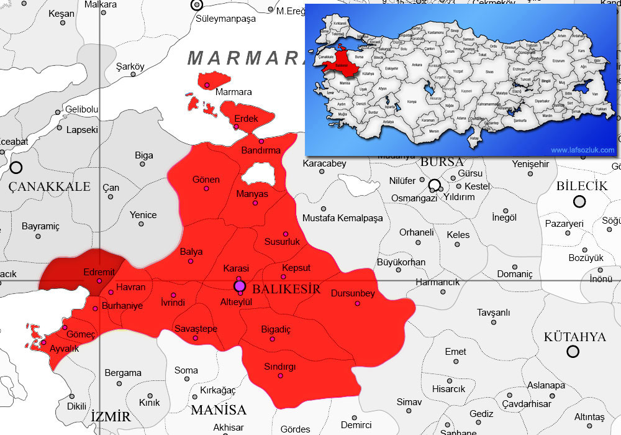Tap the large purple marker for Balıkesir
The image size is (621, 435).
coord(240,286)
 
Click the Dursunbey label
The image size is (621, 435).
coord(353,293)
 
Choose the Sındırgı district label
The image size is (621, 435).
coord(280,367)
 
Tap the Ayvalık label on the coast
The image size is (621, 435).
coord(64,349)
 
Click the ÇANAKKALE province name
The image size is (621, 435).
coord(50,186)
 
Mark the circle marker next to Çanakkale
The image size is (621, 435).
coord(16,167)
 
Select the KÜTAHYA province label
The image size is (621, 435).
coord(574,337)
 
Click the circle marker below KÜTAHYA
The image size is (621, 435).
coord(573,352)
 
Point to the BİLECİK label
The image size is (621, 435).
coord(581,186)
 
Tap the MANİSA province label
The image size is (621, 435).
coord(219,410)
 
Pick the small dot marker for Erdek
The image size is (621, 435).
coord(236,127)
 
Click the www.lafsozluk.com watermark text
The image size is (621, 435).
coord(582,150)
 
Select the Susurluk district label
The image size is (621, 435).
coord(282,241)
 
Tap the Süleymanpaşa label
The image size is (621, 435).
coord(225,19)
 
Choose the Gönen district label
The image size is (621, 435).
coord(206,180)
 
